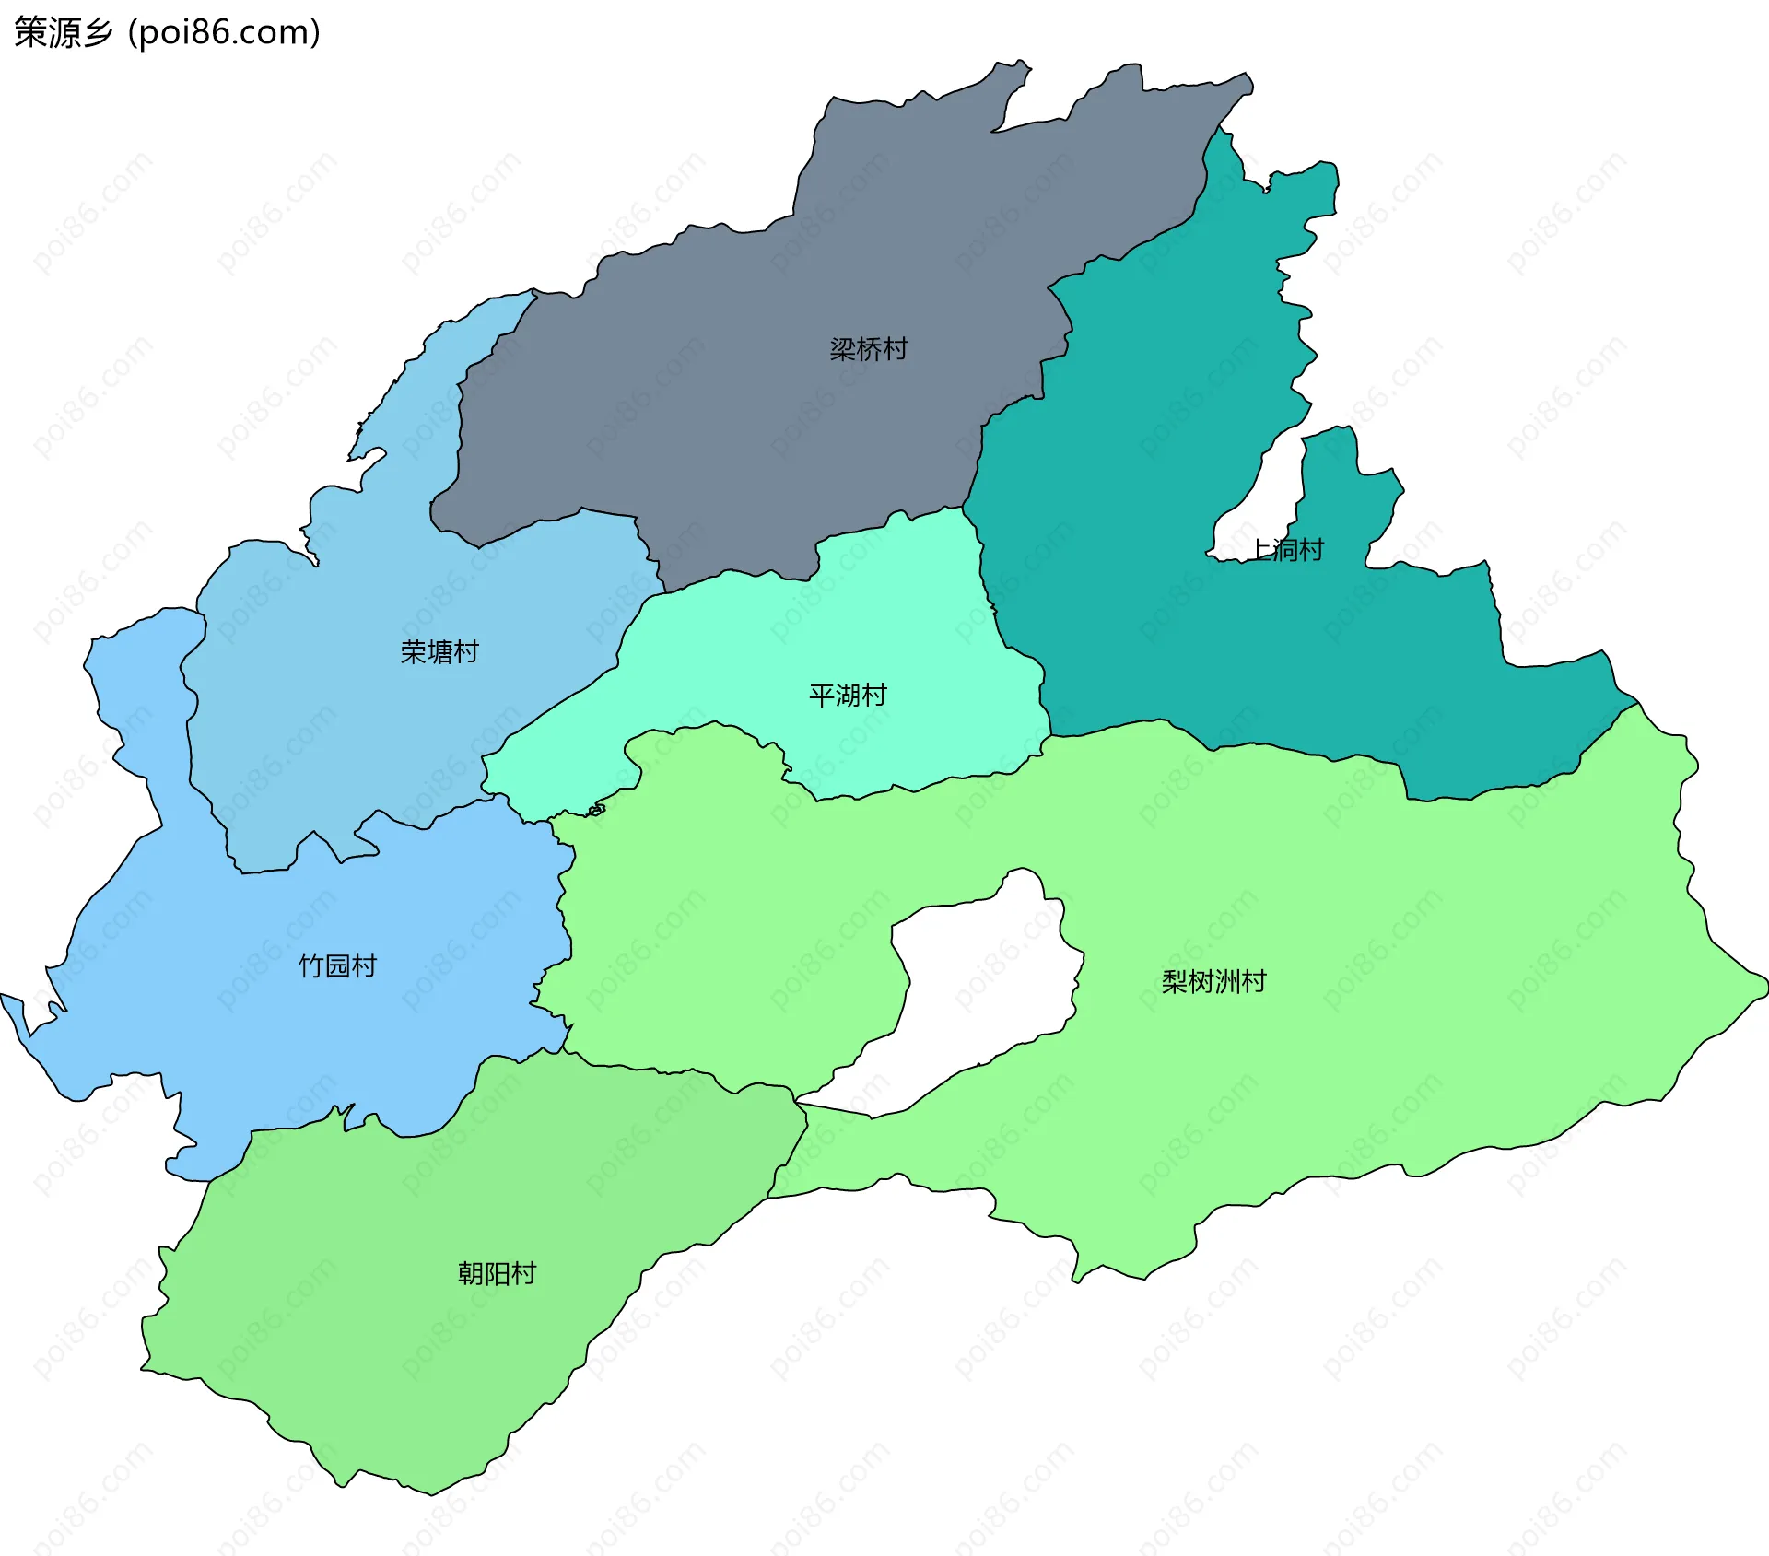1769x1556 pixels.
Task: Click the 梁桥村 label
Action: (868, 349)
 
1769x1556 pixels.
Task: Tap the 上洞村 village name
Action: (1288, 550)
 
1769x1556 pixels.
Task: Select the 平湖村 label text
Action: (848, 695)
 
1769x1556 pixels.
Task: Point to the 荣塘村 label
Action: (439, 652)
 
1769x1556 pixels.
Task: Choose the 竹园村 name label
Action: (338, 965)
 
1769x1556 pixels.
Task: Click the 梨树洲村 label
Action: (1213, 981)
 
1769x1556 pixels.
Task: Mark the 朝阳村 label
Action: (497, 1273)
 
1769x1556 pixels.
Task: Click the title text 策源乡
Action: (63, 32)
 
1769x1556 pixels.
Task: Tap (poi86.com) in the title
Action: (225, 32)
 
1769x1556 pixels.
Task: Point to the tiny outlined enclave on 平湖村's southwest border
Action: (597, 810)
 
